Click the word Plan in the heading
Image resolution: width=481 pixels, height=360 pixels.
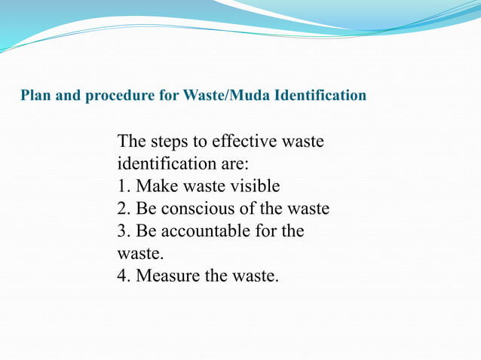tap(33, 96)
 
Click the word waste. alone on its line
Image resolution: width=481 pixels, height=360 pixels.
tap(140, 254)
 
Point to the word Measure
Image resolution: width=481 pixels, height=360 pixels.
tap(169, 276)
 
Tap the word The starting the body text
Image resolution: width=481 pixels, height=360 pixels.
tap(133, 142)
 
